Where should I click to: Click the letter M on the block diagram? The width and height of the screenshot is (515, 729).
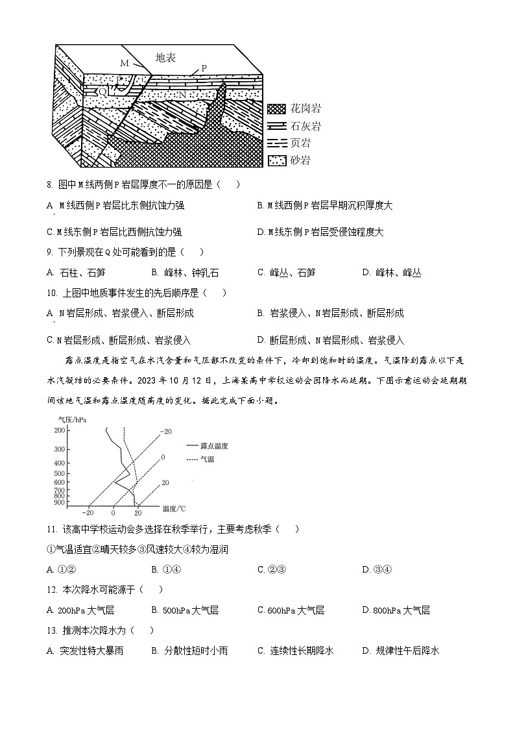point(125,63)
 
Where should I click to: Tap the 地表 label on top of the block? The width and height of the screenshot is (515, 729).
point(166,57)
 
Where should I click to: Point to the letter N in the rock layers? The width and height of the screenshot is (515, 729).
point(182,95)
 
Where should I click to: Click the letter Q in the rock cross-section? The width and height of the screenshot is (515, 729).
point(102,92)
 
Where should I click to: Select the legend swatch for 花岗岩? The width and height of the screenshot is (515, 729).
point(277,109)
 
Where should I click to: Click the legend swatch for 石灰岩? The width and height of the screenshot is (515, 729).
point(277,126)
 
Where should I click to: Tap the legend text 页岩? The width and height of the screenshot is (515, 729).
point(300,143)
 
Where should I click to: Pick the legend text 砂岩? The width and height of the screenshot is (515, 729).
point(300,160)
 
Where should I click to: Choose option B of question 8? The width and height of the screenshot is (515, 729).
point(324,205)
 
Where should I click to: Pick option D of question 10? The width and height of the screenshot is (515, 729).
point(330,340)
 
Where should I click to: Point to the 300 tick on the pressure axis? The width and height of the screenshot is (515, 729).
point(60,449)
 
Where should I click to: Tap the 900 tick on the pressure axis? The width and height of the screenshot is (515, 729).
point(60,502)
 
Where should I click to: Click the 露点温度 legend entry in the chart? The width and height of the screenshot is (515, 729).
point(213,446)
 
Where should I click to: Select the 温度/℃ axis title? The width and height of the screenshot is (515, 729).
point(174,508)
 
